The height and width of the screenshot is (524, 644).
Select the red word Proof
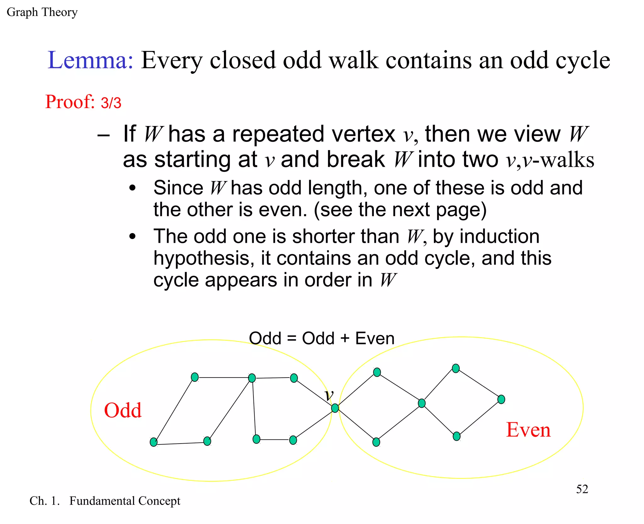tap(70, 102)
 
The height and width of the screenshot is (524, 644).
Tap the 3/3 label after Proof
tap(111, 103)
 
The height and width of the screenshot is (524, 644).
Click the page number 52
tap(582, 489)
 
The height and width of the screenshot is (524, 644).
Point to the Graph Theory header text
tap(42, 12)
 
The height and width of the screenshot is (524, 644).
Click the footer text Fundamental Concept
tap(125, 501)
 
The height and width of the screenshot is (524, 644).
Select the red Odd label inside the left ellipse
tap(123, 410)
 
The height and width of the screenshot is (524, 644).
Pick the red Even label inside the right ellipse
tap(528, 430)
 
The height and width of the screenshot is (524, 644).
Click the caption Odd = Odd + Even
tap(321, 338)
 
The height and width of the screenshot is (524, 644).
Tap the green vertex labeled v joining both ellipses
tap(335, 408)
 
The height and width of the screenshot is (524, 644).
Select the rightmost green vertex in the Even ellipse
tap(501, 399)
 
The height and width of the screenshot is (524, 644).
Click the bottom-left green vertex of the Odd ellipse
tap(153, 442)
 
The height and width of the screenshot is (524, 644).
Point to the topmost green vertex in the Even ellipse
tap(456, 368)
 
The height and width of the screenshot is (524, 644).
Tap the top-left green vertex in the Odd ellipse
tap(195, 377)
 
